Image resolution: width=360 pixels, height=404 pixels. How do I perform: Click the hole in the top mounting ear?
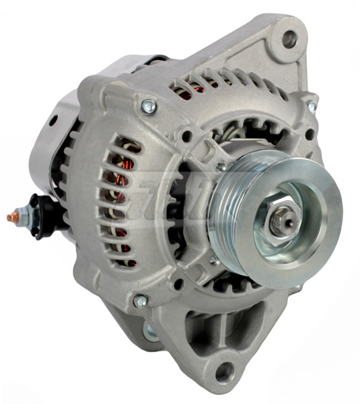(x=289, y=38)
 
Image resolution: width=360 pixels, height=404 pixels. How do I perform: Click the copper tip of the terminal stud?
(x=11, y=217)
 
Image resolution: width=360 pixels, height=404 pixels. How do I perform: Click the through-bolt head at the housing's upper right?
(x=312, y=107)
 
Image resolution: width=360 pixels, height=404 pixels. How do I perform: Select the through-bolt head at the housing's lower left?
(x=140, y=301)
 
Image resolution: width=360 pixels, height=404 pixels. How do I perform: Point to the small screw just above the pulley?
(x=221, y=166)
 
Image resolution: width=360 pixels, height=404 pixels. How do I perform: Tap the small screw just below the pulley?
(x=214, y=260)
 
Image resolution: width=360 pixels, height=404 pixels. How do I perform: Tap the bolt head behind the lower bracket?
(x=149, y=329)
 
